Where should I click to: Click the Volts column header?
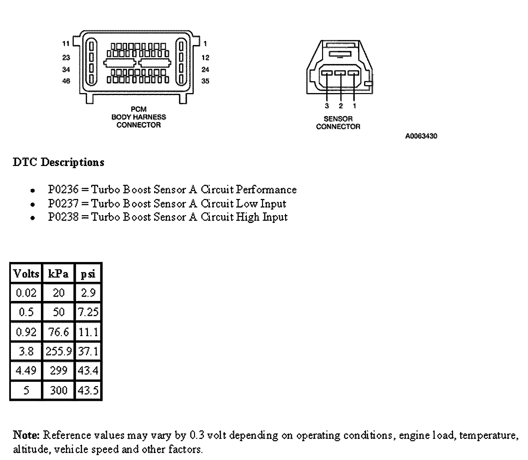(x=26, y=274)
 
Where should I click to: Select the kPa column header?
(x=58, y=274)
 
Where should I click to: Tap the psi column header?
(x=88, y=274)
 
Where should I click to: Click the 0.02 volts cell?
(x=26, y=293)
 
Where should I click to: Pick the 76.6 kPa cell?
(x=58, y=332)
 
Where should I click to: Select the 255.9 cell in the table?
(x=58, y=351)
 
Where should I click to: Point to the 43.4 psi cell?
(x=88, y=371)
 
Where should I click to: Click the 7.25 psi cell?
(x=88, y=312)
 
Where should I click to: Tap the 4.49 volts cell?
(x=26, y=371)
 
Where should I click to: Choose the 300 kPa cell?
(x=58, y=390)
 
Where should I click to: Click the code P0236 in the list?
(x=63, y=190)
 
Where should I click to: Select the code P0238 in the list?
(x=63, y=217)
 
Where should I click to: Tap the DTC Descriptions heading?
(x=58, y=162)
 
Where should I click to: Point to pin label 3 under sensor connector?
(x=327, y=106)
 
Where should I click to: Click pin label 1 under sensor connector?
(x=354, y=106)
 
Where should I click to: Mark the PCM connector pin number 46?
(x=66, y=81)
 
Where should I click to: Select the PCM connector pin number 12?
(x=205, y=58)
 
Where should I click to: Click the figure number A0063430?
(x=421, y=136)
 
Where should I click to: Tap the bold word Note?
(x=26, y=435)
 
